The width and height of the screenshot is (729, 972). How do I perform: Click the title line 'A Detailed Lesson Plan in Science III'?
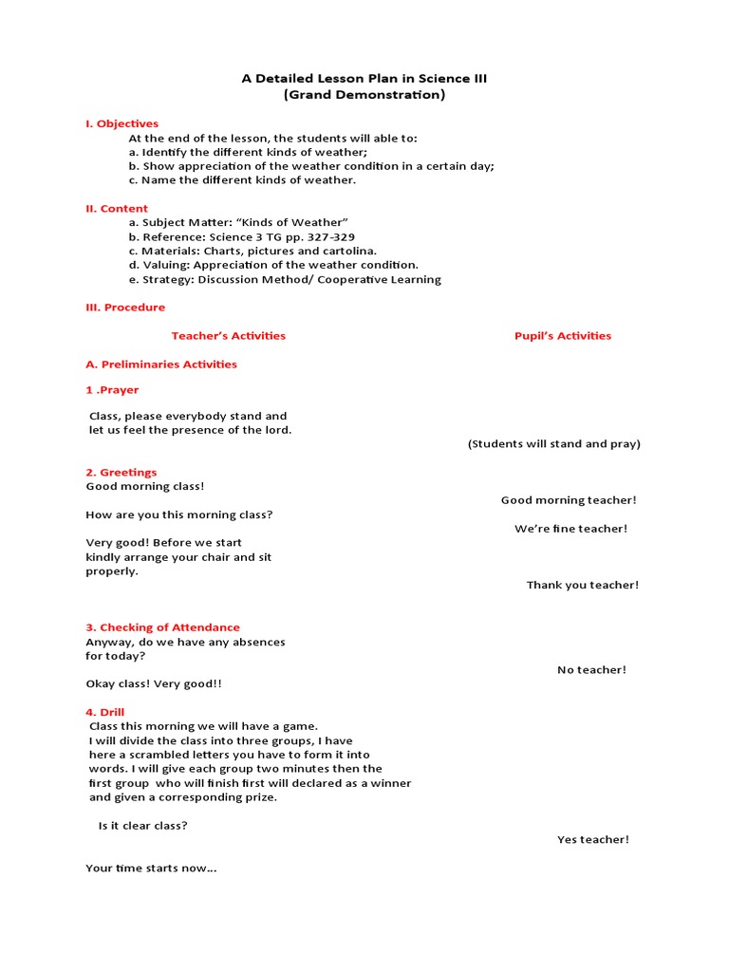pyautogui.click(x=364, y=78)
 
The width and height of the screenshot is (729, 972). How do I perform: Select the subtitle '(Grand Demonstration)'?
pyautogui.click(x=364, y=95)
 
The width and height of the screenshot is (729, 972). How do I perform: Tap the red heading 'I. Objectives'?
pyautogui.click(x=121, y=123)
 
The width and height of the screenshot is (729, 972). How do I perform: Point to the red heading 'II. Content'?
pyautogui.click(x=117, y=208)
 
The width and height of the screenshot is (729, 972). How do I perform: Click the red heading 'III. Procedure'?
pyautogui.click(x=125, y=308)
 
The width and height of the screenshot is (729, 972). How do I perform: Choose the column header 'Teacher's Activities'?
pyautogui.click(x=228, y=336)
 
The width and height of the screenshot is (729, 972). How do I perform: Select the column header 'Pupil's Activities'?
pyautogui.click(x=563, y=336)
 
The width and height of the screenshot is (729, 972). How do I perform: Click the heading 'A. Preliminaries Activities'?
pyautogui.click(x=161, y=364)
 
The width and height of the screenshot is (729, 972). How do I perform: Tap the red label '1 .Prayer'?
pyautogui.click(x=112, y=390)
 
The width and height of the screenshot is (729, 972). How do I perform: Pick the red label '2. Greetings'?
pyautogui.click(x=121, y=473)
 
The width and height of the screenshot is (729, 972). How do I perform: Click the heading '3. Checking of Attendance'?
pyautogui.click(x=162, y=627)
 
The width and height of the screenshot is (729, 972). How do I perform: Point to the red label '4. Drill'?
pyautogui.click(x=105, y=712)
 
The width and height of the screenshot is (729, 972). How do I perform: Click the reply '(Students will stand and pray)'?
pyautogui.click(x=554, y=444)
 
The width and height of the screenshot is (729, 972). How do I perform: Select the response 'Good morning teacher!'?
pyautogui.click(x=569, y=500)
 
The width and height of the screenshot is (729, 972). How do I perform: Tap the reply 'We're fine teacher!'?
pyautogui.click(x=570, y=529)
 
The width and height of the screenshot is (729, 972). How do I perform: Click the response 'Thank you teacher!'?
pyautogui.click(x=583, y=585)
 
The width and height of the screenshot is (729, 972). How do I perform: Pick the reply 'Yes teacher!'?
pyautogui.click(x=592, y=839)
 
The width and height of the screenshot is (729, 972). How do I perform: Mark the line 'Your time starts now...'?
pyautogui.click(x=151, y=868)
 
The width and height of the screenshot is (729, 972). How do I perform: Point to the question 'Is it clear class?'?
pyautogui.click(x=142, y=826)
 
